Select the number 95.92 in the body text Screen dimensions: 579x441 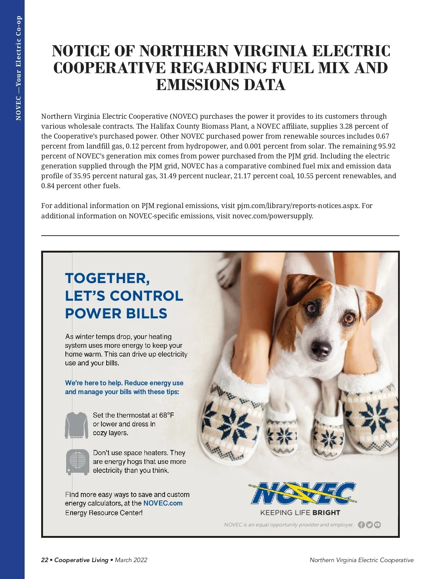387,146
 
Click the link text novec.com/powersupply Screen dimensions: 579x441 272,216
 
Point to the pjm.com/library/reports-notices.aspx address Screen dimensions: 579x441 298,205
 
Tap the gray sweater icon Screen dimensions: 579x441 76,425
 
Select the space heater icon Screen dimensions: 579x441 78,462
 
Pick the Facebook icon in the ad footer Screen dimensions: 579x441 361,525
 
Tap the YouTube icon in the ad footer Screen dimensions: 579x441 377,525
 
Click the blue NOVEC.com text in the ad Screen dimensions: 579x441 163,503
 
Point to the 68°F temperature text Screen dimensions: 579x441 166,415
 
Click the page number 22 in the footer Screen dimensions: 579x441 45,560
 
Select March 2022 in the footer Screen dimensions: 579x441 131,560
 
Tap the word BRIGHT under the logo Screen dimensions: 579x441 326,512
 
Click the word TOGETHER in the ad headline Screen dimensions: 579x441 107,278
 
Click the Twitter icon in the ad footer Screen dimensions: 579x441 369,525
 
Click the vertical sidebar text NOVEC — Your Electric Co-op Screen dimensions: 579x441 18,68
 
